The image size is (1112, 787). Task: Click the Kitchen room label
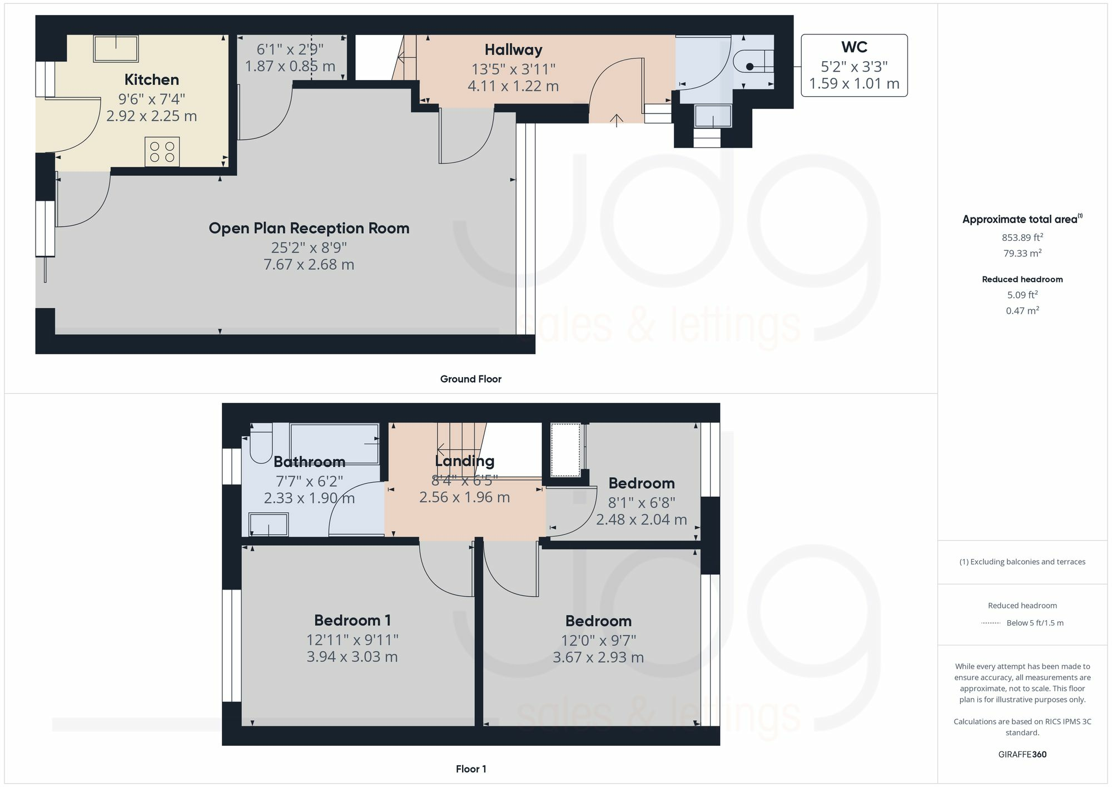click(x=151, y=80)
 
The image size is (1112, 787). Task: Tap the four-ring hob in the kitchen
click(x=162, y=152)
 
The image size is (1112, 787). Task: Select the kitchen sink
click(x=116, y=48)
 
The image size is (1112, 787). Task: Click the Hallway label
click(x=513, y=50)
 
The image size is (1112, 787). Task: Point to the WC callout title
click(x=854, y=47)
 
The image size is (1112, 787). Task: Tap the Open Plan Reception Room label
click(x=309, y=228)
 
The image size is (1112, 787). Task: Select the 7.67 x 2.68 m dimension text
click(x=309, y=265)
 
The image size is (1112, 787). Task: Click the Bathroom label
click(x=310, y=462)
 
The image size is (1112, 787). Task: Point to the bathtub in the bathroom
click(x=335, y=444)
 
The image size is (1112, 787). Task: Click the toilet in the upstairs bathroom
click(x=261, y=443)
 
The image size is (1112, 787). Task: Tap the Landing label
click(x=464, y=461)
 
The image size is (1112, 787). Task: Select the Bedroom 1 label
click(x=353, y=620)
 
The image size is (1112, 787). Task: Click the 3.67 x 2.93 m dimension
click(x=598, y=657)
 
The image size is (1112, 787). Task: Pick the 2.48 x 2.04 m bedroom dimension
click(x=642, y=519)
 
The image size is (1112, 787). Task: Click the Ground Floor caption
click(x=471, y=379)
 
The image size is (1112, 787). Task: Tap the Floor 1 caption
click(x=471, y=769)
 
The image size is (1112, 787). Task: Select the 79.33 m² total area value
click(x=1022, y=253)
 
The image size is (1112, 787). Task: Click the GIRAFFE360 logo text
click(x=1022, y=755)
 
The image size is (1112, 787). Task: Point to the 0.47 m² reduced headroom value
click(x=1022, y=310)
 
